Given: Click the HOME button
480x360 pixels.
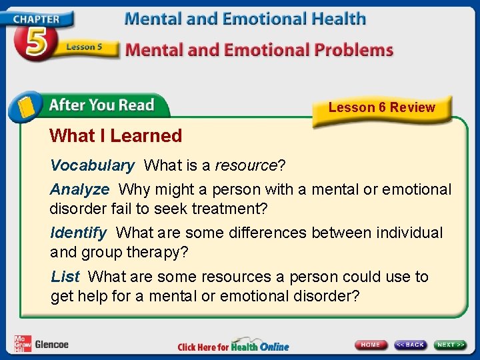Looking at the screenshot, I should coord(371,345).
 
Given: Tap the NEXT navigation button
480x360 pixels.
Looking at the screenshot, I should coord(450,345).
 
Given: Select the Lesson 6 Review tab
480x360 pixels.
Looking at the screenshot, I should coord(381,107).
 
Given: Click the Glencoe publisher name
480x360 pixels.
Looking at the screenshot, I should coord(52,345).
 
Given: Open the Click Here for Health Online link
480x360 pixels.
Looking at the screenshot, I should coord(233,346).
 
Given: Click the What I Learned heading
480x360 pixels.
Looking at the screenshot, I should coord(115,136).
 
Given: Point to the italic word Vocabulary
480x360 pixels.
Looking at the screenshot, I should coord(92,165).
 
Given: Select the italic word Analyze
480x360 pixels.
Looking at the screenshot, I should coord(79,189).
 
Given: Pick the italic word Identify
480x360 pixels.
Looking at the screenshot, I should coord(78,233).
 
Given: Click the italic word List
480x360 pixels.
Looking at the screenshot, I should coord(65,276).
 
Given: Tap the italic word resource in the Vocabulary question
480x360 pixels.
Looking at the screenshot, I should coord(245,165).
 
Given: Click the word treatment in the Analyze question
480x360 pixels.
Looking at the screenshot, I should coord(229,209).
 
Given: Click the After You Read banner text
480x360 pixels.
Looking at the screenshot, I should coord(101,105).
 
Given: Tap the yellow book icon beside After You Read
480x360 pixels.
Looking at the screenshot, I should coord(26,107).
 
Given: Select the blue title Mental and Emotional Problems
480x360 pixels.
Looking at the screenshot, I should coord(259,49).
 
